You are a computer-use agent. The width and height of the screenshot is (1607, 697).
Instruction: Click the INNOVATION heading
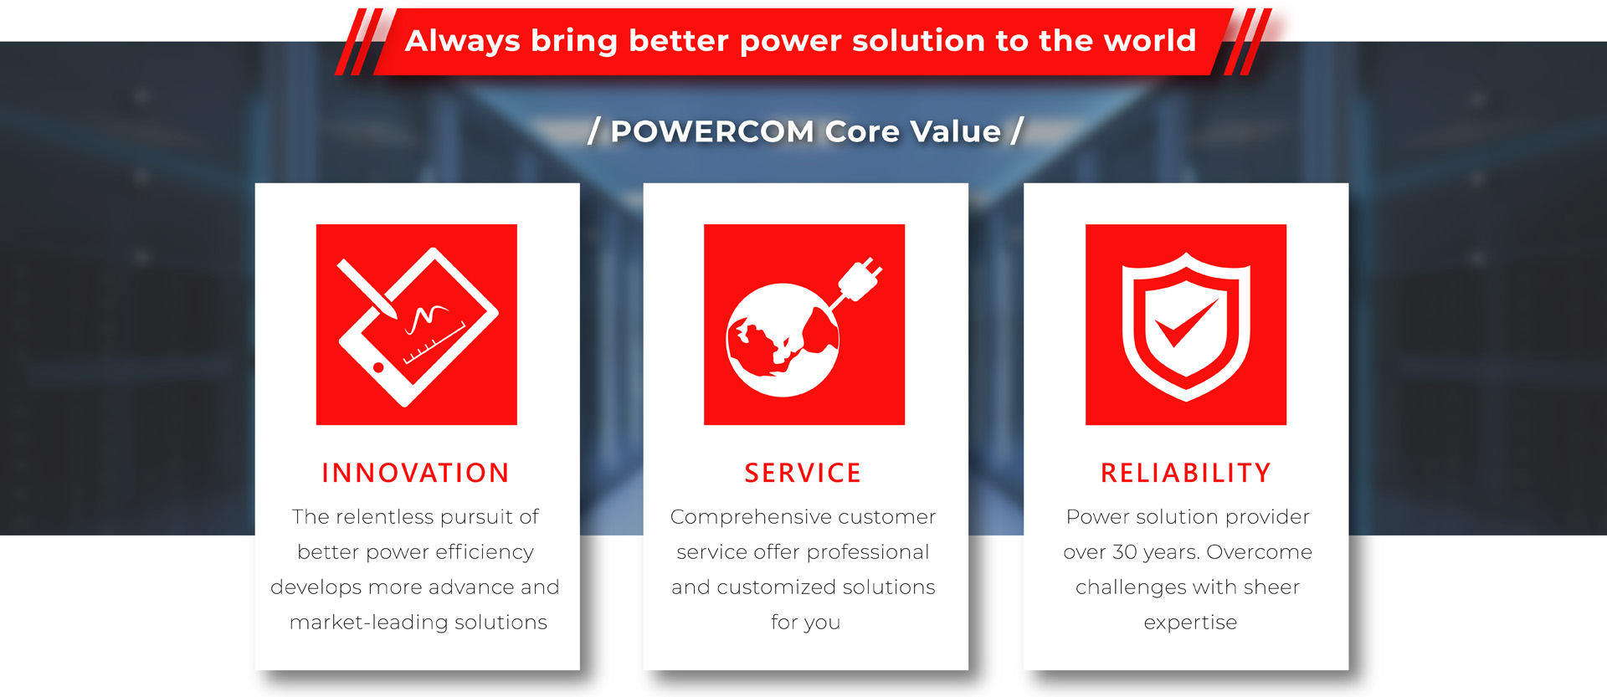(x=416, y=473)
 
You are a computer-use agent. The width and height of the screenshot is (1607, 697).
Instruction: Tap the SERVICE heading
(x=803, y=473)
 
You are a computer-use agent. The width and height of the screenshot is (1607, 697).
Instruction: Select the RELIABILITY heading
(x=1186, y=473)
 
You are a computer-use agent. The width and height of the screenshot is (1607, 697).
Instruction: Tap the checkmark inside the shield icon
(x=1185, y=323)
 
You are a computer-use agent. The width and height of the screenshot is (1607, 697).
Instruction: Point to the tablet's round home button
(x=378, y=367)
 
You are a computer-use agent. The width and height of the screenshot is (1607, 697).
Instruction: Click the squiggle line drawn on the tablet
(x=427, y=317)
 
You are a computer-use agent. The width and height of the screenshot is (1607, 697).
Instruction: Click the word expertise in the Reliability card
(x=1190, y=623)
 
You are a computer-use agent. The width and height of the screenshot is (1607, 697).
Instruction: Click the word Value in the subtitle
(x=955, y=131)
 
